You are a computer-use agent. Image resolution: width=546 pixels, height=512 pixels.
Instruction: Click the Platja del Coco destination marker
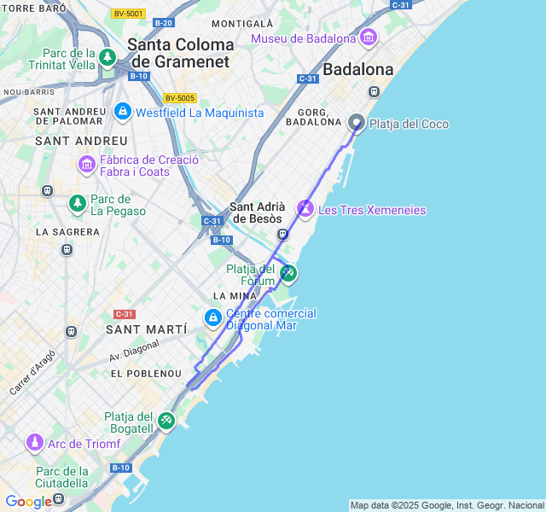tap(357, 123)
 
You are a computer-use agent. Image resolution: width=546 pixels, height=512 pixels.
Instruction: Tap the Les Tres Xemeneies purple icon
tap(305, 208)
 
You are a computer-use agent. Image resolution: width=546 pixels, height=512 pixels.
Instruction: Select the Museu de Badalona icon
tap(369, 38)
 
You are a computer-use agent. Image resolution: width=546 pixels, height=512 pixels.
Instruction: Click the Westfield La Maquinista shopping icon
tap(123, 112)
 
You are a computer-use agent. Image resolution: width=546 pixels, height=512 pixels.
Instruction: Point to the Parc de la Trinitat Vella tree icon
tap(107, 58)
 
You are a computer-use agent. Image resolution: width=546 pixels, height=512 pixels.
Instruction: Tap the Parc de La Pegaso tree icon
tap(78, 203)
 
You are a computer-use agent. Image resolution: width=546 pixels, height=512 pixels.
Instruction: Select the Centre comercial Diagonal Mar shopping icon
tap(212, 318)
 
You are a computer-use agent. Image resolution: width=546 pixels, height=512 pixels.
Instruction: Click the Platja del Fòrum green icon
tap(288, 274)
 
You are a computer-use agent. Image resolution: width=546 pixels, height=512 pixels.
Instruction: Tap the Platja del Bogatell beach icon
tap(166, 421)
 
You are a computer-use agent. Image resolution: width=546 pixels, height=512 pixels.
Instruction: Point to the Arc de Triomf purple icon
tap(35, 443)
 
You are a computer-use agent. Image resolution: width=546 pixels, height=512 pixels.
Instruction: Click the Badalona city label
tap(358, 69)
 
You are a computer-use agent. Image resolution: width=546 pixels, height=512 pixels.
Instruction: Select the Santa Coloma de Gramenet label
tap(180, 52)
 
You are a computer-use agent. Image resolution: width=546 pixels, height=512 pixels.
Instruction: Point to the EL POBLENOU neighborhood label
tap(147, 374)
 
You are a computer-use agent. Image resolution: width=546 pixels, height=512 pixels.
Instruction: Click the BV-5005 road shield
tap(180, 98)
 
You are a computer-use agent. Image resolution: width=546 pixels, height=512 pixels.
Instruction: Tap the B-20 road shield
tap(164, 23)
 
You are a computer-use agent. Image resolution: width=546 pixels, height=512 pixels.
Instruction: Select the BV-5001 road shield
tap(128, 14)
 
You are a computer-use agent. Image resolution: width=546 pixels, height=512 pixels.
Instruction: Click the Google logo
tap(28, 502)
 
